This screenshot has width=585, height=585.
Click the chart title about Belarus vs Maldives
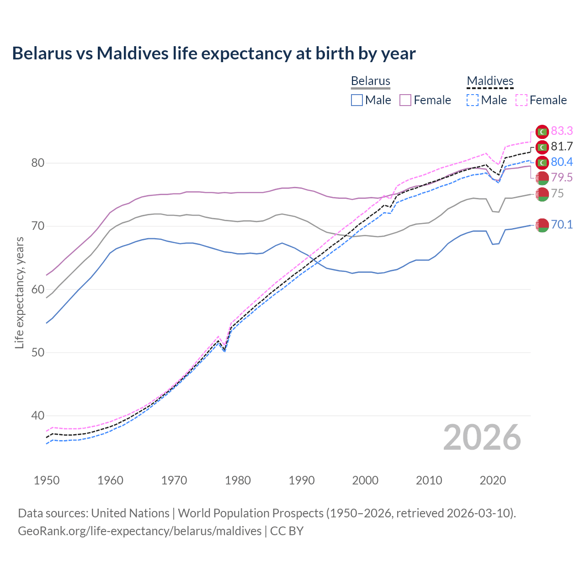213,53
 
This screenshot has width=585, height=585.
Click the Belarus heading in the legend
370,81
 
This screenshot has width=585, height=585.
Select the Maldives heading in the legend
490,81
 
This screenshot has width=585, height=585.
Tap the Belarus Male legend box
357,100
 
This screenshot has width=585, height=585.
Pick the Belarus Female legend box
405,100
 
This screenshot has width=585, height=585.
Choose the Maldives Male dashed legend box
473,100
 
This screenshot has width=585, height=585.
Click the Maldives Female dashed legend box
521,100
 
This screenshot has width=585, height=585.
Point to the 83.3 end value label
562,131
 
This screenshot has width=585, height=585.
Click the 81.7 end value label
562,147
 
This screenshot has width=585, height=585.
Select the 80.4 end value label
562,162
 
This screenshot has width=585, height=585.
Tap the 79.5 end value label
562,178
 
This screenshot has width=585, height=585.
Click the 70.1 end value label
562,224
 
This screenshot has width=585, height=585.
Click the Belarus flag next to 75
542,194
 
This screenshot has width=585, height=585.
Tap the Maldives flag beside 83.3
542,132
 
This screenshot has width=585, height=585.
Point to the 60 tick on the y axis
38,289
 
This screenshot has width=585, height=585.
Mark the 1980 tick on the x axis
238,480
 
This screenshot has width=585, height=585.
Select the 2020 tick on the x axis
493,480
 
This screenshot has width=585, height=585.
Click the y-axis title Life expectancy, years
19,292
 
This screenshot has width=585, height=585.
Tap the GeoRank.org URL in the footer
139,531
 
